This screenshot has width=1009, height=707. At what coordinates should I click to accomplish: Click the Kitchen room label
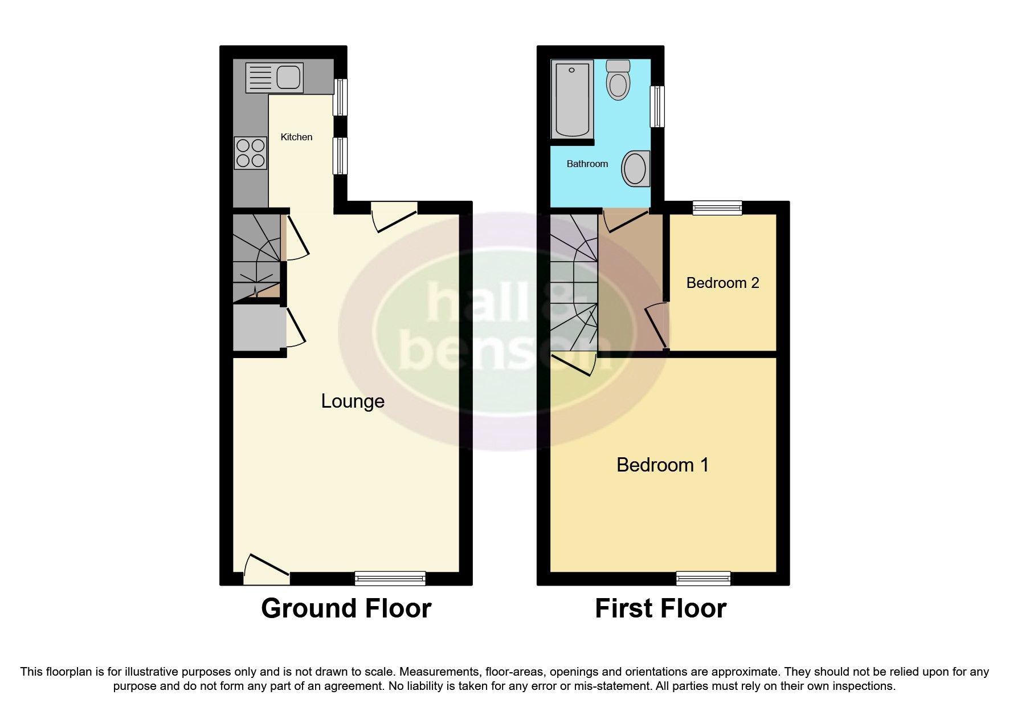click(x=296, y=137)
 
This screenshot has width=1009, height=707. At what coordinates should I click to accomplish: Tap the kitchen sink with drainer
click(x=274, y=78)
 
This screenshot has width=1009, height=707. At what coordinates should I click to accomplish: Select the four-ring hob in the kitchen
click(x=251, y=153)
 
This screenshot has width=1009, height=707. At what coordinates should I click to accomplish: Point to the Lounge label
click(x=353, y=401)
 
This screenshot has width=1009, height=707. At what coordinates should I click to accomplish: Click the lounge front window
click(x=390, y=578)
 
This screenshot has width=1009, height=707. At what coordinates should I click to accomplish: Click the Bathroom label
click(x=587, y=164)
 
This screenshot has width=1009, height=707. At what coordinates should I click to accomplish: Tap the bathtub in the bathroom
click(x=571, y=99)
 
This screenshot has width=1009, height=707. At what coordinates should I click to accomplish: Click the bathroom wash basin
click(x=636, y=168)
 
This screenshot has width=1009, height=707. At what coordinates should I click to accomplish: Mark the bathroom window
click(x=657, y=106)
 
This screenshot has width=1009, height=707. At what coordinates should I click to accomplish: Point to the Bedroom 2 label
click(x=722, y=283)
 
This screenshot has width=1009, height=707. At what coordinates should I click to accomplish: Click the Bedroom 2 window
click(x=717, y=208)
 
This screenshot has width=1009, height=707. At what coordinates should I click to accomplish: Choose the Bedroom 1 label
click(x=663, y=465)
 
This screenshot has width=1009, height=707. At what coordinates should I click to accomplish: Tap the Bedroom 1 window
click(x=703, y=578)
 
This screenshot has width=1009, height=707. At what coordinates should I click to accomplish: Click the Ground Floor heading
click(x=346, y=608)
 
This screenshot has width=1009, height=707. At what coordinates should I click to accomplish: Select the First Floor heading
click(x=660, y=608)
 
